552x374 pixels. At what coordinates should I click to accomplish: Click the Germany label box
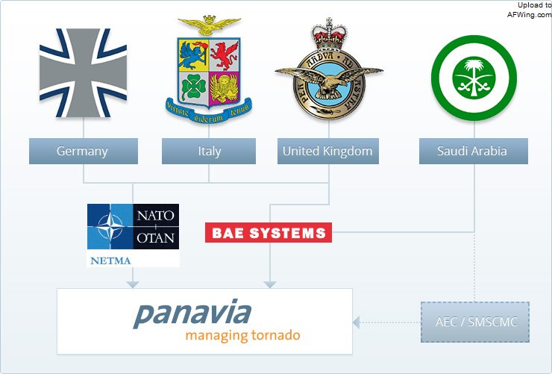[x=83, y=151]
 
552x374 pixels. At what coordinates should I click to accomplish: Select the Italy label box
[x=209, y=151]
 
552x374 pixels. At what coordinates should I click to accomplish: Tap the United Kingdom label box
[x=327, y=151]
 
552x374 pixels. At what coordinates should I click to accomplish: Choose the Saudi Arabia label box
[x=472, y=151]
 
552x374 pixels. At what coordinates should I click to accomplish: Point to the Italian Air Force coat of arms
[x=210, y=71]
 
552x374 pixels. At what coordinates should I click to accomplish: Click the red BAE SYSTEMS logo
[x=269, y=233]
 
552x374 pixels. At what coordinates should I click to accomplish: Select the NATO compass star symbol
[x=110, y=227]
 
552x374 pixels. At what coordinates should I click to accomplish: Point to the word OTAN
[x=156, y=238]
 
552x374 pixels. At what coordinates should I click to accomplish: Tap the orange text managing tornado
[x=242, y=335]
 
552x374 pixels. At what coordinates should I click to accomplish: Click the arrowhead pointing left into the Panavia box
[x=357, y=322]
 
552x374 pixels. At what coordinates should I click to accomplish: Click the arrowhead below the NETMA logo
[x=133, y=284]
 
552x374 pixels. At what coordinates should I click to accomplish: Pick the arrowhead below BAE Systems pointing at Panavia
[x=270, y=284]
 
